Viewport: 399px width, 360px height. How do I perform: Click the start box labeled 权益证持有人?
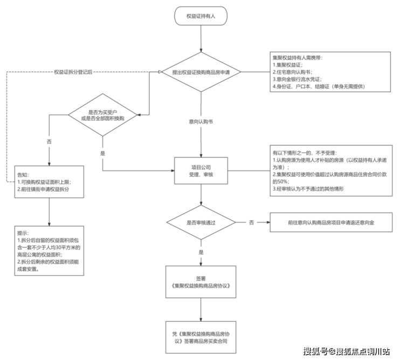point(201,16)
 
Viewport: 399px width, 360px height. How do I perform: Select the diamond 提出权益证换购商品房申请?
point(201,72)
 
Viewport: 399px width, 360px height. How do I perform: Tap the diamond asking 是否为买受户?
point(102,114)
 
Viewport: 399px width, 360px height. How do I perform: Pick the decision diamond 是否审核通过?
point(201,222)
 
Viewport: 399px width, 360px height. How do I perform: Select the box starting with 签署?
point(201,282)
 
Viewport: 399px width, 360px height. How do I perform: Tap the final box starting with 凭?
point(201,337)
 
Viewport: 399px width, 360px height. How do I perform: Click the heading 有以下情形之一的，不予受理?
point(307,153)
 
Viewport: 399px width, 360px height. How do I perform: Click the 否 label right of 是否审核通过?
point(251,222)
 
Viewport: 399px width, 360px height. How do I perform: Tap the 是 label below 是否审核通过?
point(201,252)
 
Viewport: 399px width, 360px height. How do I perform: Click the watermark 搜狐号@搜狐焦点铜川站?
point(346,351)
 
